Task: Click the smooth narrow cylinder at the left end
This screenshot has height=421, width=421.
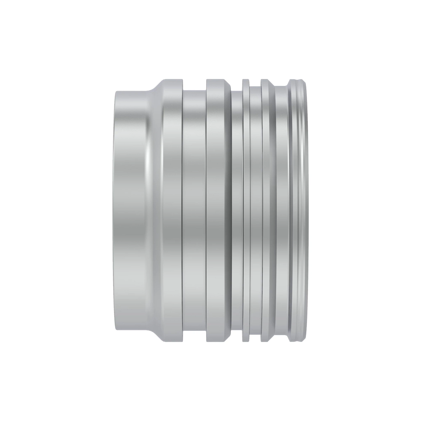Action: [130, 210]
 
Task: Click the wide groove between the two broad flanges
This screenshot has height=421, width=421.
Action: [194, 210]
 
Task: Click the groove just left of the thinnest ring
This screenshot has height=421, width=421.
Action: [237, 210]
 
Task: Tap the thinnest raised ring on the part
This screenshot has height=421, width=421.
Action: [246, 210]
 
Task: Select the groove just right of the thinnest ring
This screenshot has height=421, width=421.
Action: [255, 210]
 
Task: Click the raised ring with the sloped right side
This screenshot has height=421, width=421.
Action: [268, 210]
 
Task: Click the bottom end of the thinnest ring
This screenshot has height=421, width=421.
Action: [246, 340]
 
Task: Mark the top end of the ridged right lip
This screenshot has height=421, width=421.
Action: [298, 82]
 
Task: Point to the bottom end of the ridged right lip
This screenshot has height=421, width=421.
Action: [298, 339]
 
